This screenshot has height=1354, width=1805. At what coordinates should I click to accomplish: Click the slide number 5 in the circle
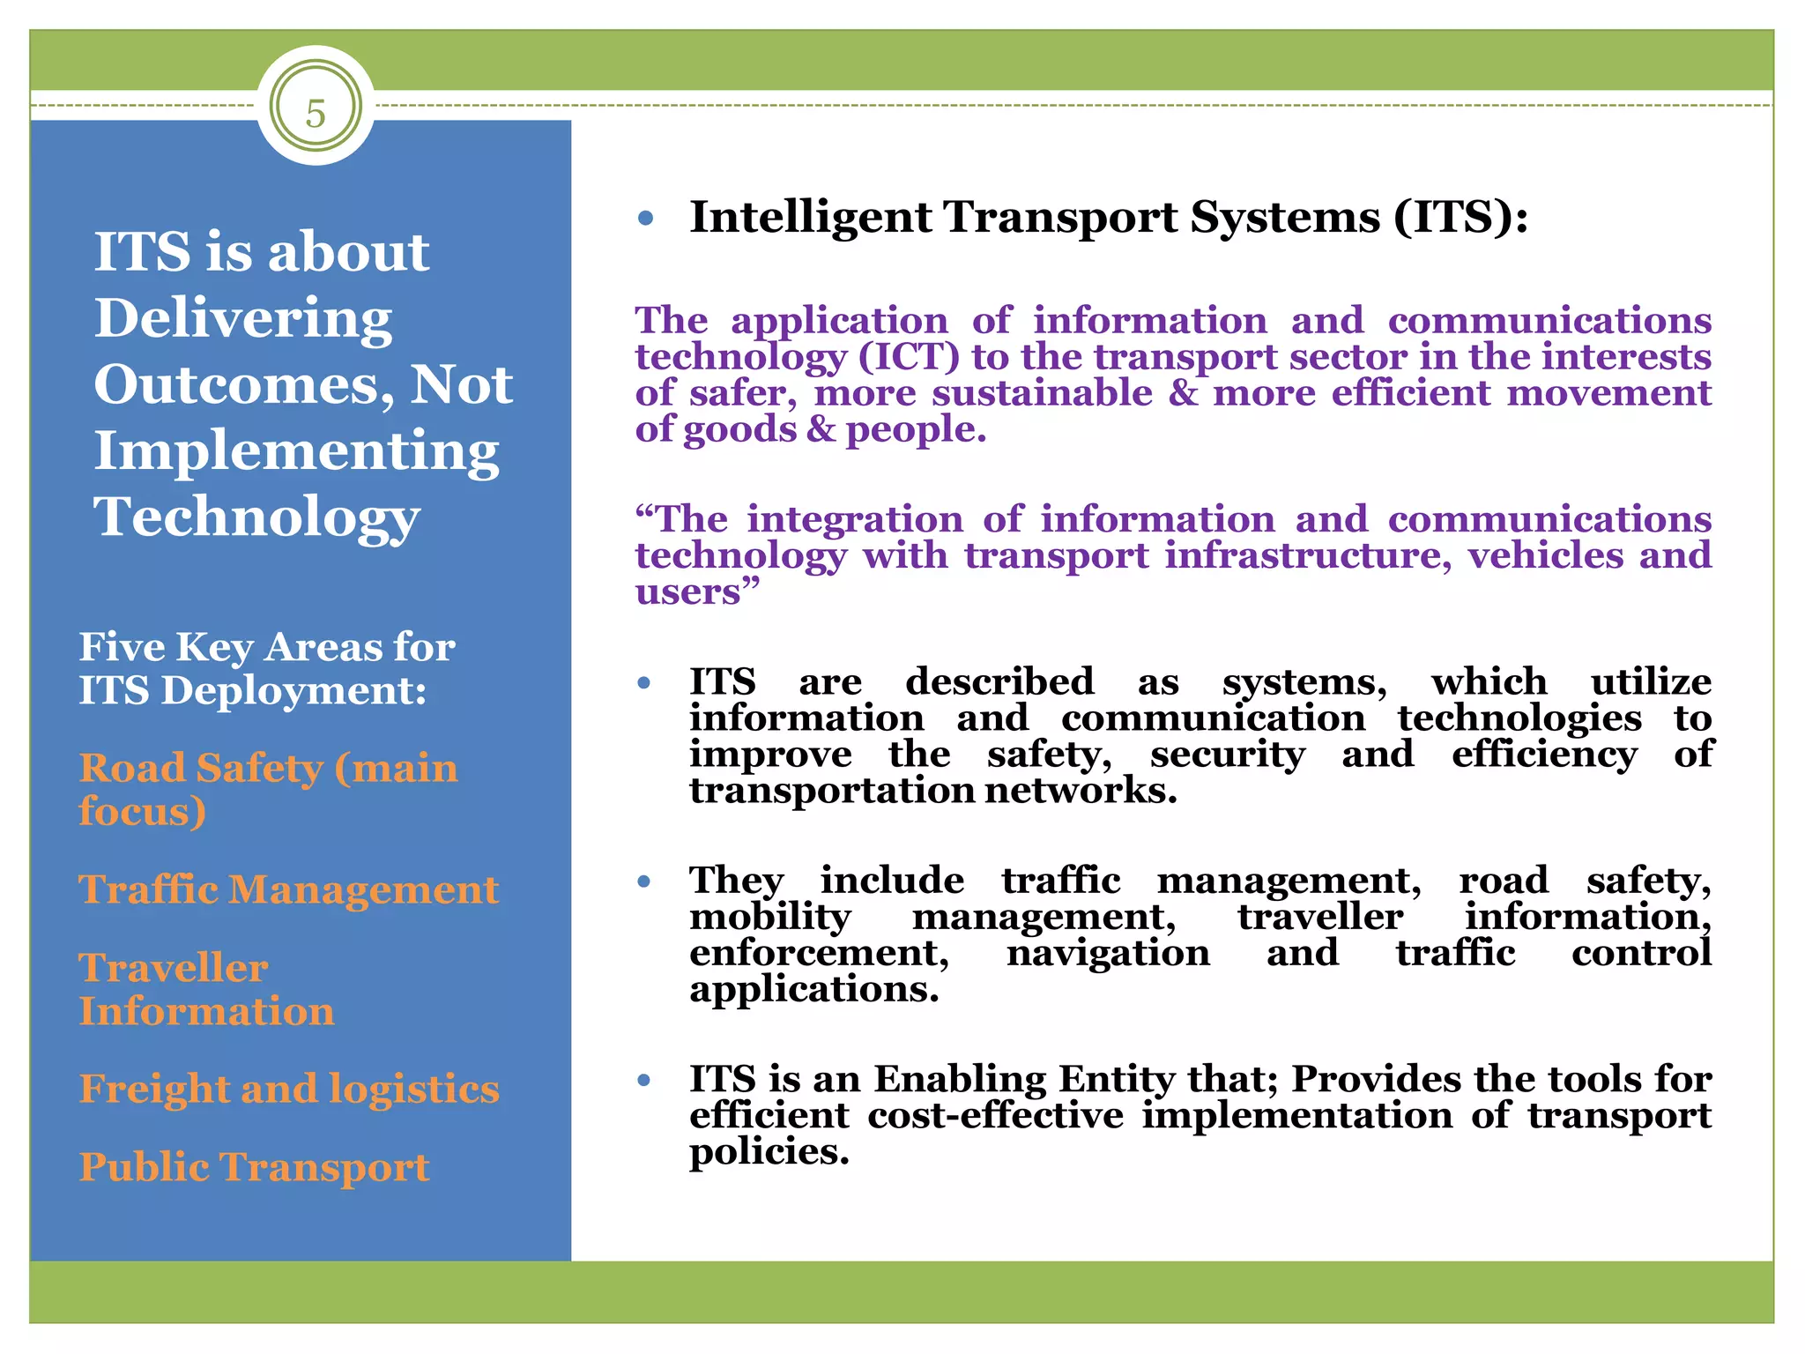click(x=316, y=114)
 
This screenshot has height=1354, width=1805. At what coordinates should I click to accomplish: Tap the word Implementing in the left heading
click(x=296, y=451)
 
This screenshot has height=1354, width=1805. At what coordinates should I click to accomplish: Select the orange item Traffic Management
click(x=288, y=889)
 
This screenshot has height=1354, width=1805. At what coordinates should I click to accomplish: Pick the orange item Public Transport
click(x=254, y=1167)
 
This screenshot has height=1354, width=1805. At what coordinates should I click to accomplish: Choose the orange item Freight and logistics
click(x=289, y=1089)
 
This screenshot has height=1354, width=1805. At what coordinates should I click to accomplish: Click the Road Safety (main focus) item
click(x=268, y=789)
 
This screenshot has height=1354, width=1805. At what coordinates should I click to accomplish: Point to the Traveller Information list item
click(x=206, y=989)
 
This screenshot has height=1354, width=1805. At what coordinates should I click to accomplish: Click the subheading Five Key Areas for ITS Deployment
click(x=266, y=668)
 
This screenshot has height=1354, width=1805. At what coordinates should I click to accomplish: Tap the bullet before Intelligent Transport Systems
click(x=646, y=218)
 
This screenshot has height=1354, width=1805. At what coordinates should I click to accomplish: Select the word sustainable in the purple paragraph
click(x=1042, y=393)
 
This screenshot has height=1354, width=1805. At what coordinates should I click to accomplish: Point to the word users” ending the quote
click(x=696, y=592)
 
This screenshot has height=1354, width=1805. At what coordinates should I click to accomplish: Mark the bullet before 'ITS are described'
click(x=644, y=682)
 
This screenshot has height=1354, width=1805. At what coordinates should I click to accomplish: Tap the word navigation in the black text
click(x=1108, y=953)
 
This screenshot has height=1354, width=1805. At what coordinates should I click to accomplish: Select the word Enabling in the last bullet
click(x=961, y=1079)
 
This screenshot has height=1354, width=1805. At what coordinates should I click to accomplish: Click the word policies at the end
click(x=769, y=1151)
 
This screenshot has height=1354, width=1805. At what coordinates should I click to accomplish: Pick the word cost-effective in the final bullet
click(x=995, y=1115)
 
